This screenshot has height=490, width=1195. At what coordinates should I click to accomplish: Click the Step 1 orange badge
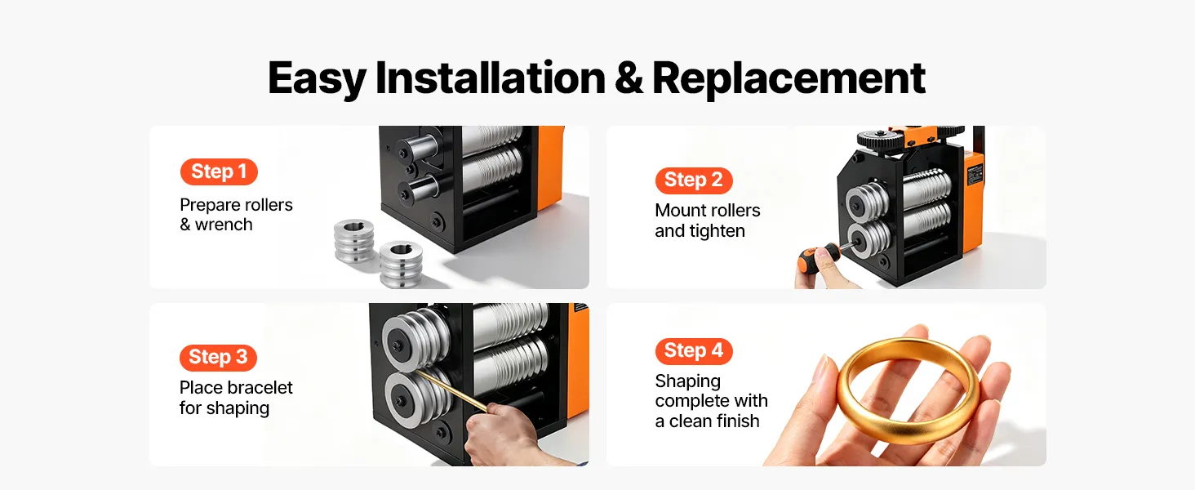click(x=219, y=171)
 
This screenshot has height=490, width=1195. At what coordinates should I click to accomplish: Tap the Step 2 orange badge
click(x=694, y=180)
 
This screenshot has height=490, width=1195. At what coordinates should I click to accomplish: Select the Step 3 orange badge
click(x=218, y=357)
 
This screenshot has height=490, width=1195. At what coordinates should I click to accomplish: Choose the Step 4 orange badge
click(x=694, y=350)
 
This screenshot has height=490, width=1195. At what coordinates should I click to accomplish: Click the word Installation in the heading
click(x=491, y=78)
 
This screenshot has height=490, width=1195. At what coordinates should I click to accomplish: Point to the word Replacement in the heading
click(x=789, y=79)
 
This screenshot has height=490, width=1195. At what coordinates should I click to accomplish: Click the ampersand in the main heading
click(x=629, y=79)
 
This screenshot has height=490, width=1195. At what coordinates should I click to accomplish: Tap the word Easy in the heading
click(x=317, y=79)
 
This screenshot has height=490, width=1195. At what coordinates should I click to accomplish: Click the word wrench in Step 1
click(x=224, y=225)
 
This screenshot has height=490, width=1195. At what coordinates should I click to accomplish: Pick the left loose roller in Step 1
click(x=354, y=241)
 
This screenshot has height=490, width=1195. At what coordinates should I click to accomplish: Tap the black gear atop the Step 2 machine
click(x=882, y=139)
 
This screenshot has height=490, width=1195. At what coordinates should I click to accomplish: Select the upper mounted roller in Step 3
click(x=414, y=340)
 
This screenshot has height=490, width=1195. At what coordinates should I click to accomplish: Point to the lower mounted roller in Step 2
click(x=868, y=243)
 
